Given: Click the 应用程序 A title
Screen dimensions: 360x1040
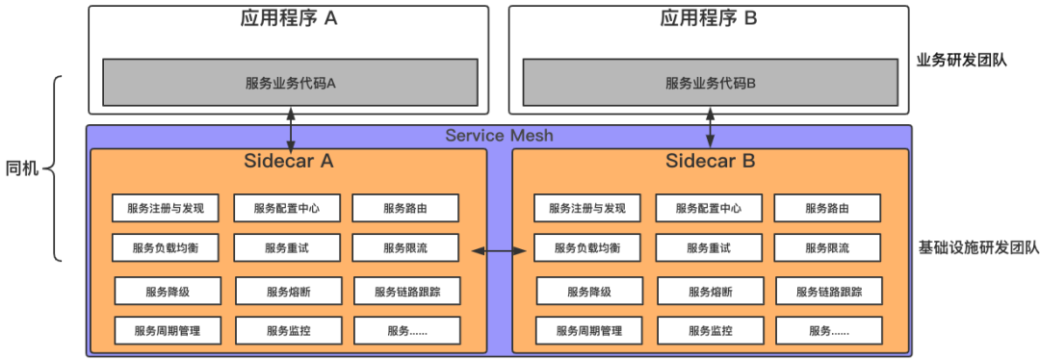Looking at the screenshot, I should [288, 18].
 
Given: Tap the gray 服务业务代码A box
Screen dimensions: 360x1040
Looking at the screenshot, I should [290, 83].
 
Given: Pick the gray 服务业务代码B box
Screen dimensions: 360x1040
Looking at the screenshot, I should [710, 83].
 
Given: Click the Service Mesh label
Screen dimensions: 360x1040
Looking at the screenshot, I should [499, 136].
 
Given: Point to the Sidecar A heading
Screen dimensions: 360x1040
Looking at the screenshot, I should [288, 161].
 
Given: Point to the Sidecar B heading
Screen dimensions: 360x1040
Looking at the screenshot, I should [710, 161].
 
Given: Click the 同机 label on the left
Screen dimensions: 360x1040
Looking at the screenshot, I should [22, 169].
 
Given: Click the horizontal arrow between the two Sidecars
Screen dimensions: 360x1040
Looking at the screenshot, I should [499, 251].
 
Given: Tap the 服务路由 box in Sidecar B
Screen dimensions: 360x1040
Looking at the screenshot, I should [826, 208].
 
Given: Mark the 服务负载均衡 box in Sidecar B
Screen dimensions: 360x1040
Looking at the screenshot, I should [586, 248].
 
